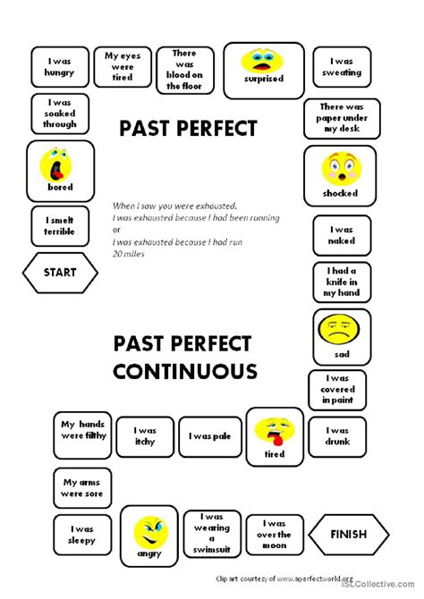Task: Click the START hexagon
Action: tap(60, 273)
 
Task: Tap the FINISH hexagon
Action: tap(349, 534)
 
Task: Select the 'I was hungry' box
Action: tap(60, 67)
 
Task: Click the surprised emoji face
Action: tap(262, 61)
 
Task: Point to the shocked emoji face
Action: tap(342, 169)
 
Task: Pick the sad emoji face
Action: tap(339, 330)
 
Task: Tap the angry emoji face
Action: tap(151, 533)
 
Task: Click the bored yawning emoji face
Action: tap(55, 165)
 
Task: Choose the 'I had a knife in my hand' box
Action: tap(342, 282)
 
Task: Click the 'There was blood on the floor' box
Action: tap(185, 71)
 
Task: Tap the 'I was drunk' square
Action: tap(337, 436)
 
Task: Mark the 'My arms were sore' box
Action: tap(82, 488)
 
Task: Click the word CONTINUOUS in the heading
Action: tap(185, 371)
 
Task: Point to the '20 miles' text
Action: tap(129, 254)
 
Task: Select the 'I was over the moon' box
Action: tap(275, 535)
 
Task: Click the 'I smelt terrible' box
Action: tap(60, 226)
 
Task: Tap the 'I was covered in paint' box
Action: tap(337, 390)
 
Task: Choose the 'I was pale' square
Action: tap(210, 436)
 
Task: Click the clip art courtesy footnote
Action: tap(284, 578)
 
